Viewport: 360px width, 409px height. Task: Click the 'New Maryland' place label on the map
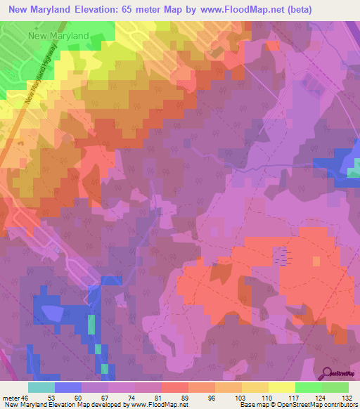58,35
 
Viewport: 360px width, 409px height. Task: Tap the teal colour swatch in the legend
41,387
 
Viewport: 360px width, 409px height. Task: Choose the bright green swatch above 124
309,387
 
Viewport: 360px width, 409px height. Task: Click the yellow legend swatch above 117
282,387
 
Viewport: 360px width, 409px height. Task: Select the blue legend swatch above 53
68,387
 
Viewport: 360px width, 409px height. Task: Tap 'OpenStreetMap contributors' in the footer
317,405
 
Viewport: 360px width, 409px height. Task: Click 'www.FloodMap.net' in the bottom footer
156,405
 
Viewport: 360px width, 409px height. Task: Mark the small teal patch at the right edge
355,169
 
